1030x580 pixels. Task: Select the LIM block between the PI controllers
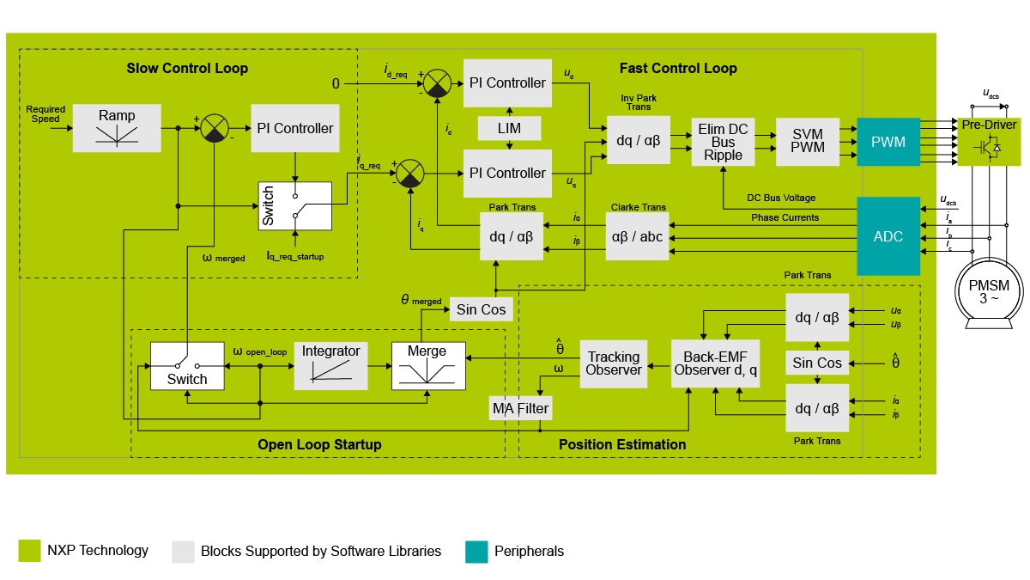point(510,128)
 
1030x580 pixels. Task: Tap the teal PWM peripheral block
point(888,142)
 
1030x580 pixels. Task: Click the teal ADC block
point(888,236)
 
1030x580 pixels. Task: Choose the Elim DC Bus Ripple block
point(723,142)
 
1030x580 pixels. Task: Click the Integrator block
point(330,365)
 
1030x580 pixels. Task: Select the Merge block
point(427,365)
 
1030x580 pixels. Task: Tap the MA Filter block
point(519,408)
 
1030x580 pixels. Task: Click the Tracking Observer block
point(614,363)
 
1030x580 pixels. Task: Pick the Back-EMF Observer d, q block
point(714,363)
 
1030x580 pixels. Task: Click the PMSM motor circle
point(989,292)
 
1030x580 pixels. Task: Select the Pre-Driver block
point(989,141)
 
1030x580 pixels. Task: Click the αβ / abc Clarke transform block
point(636,236)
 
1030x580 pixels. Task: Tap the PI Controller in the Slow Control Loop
point(294,128)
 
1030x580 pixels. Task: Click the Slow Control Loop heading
point(187,68)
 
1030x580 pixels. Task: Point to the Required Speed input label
point(45,114)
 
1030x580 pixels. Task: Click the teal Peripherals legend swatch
point(476,552)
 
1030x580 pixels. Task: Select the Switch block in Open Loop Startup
point(186,365)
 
